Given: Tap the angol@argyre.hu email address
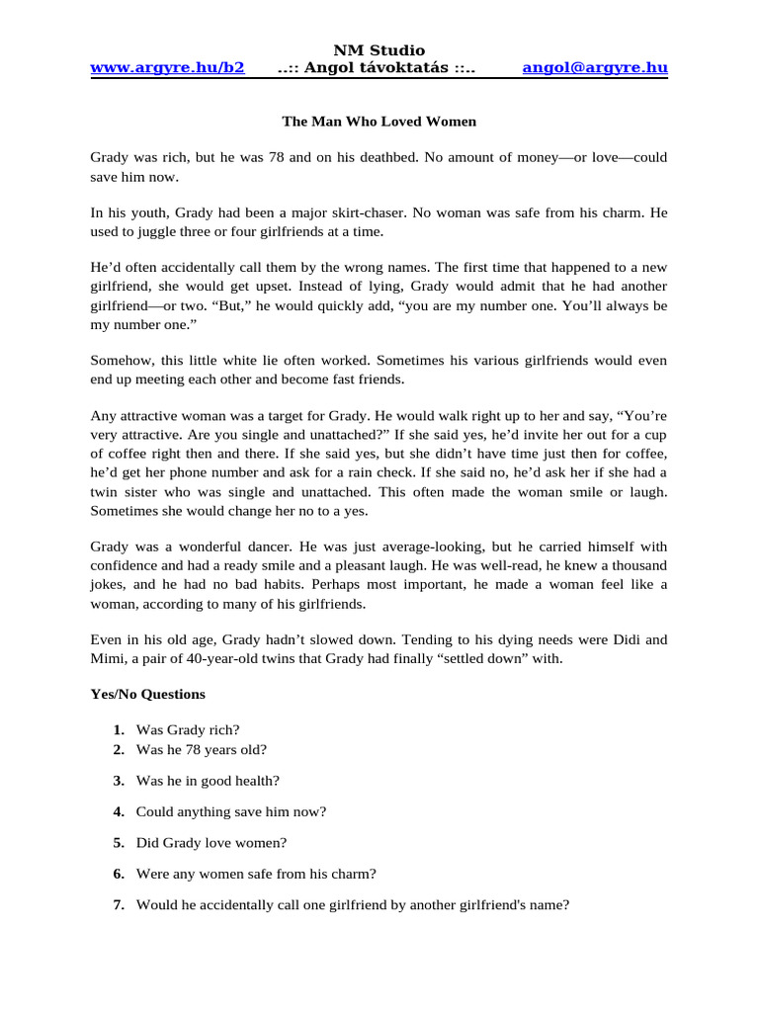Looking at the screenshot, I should pyautogui.click(x=595, y=67).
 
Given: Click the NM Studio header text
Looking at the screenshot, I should pyautogui.click(x=379, y=49).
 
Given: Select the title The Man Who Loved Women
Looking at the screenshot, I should pyautogui.click(x=379, y=122).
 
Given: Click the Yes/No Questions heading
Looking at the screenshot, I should pyautogui.click(x=148, y=694).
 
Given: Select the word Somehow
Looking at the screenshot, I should pyautogui.click(x=120, y=361).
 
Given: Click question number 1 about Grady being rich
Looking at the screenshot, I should pyautogui.click(x=188, y=729).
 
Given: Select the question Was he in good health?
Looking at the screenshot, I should pyautogui.click(x=208, y=781).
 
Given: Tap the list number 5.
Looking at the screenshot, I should pyautogui.click(x=118, y=843).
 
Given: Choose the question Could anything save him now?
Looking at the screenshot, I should pyautogui.click(x=231, y=811).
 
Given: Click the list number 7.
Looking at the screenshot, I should pyautogui.click(x=118, y=904).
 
